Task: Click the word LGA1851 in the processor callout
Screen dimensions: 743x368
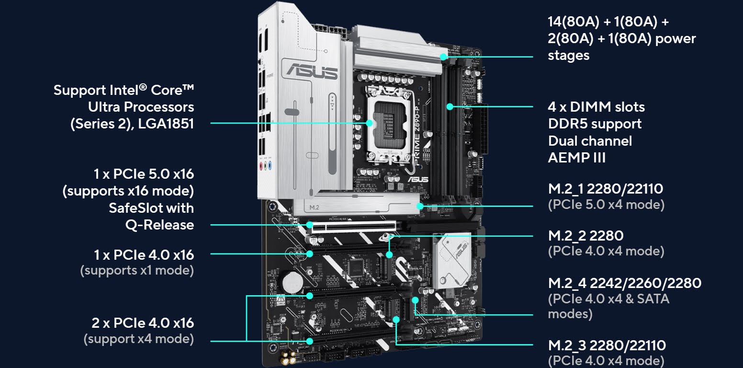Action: (x=166, y=124)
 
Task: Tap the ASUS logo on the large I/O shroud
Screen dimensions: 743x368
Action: (x=312, y=70)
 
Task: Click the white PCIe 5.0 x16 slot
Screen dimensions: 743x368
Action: (x=354, y=227)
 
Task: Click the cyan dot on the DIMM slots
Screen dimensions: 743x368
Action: (x=450, y=106)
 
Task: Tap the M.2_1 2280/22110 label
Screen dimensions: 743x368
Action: (x=605, y=189)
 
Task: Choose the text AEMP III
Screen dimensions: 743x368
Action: (x=576, y=158)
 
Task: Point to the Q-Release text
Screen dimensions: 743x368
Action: (x=159, y=225)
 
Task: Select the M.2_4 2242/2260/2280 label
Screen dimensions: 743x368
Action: (x=625, y=283)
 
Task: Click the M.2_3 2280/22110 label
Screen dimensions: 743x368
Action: (x=607, y=345)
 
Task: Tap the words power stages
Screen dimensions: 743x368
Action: (x=622, y=47)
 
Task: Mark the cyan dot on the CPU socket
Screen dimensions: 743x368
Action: (x=369, y=123)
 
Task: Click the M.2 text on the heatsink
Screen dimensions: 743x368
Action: (x=314, y=207)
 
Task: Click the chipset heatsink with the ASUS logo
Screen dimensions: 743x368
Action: (x=452, y=259)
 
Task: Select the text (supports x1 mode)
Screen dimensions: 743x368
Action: (x=137, y=270)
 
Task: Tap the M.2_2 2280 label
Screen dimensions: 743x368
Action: (x=586, y=236)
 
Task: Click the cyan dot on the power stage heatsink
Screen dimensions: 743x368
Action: (x=443, y=57)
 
